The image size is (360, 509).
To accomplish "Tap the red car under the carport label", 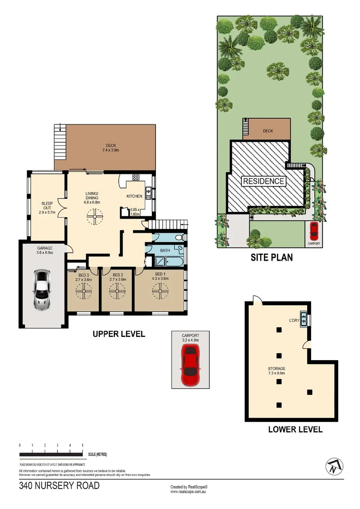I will (x=191, y=365).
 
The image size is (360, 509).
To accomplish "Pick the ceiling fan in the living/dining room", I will (x=96, y=218).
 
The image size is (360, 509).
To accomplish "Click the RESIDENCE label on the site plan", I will (x=263, y=181).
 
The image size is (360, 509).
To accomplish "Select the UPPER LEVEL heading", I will (x=119, y=334).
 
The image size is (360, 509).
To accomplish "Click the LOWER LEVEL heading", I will (x=295, y=429).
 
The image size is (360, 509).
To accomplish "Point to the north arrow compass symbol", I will (x=334, y=467).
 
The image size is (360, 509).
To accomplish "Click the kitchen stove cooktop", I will (x=136, y=178).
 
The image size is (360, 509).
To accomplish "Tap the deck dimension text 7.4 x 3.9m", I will (x=111, y=150).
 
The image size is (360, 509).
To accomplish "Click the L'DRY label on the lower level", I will (x=294, y=321).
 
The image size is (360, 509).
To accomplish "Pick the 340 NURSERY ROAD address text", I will (x=59, y=485).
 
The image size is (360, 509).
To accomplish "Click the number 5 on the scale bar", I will (x=82, y=445).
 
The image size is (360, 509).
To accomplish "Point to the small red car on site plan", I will (x=314, y=231).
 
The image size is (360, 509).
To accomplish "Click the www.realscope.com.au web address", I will (x=189, y=492).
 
